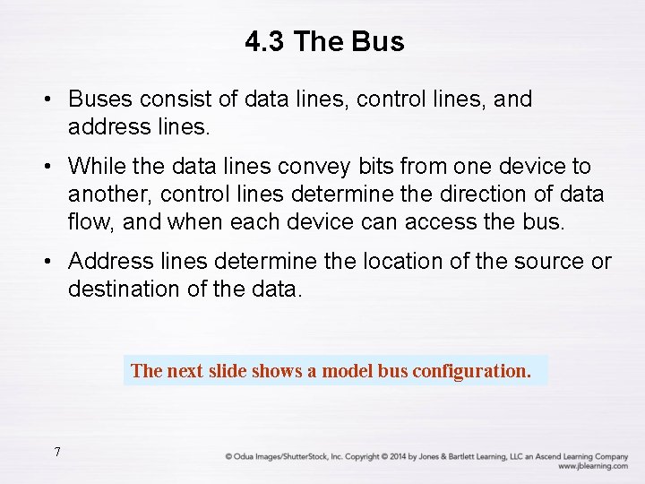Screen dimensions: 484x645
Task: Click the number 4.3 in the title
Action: [264, 42]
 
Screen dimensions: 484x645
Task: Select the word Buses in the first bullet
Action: [97, 99]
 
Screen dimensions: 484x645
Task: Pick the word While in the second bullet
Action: [95, 167]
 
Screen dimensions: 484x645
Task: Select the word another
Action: [106, 194]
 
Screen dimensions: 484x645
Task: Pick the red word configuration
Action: [471, 370]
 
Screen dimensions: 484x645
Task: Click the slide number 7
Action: [56, 452]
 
